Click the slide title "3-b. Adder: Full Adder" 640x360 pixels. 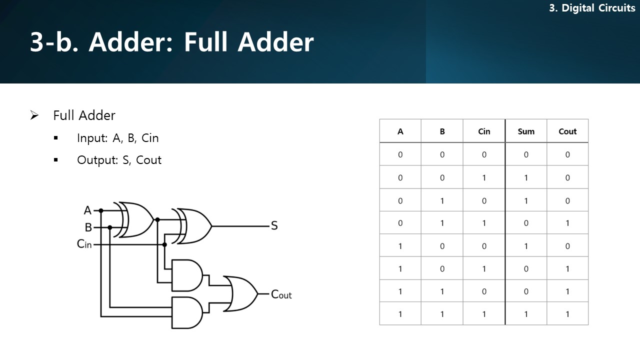(171, 42)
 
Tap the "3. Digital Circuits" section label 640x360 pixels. (592, 8)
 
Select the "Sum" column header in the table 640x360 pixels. (525, 131)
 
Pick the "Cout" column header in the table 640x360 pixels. (567, 131)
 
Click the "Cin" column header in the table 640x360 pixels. (484, 131)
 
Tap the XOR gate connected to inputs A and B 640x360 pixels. (135, 219)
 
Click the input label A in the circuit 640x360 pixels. (88, 210)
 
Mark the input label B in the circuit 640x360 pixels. (88, 227)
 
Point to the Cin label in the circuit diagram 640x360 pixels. (84, 244)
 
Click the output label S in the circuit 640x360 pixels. (274, 226)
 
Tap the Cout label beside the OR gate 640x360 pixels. (281, 294)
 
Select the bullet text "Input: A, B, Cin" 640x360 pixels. (117, 138)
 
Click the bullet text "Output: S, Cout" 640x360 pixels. (119, 160)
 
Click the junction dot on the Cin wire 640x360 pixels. (164, 244)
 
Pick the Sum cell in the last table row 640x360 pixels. (525, 314)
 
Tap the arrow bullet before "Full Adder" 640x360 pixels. (34, 115)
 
